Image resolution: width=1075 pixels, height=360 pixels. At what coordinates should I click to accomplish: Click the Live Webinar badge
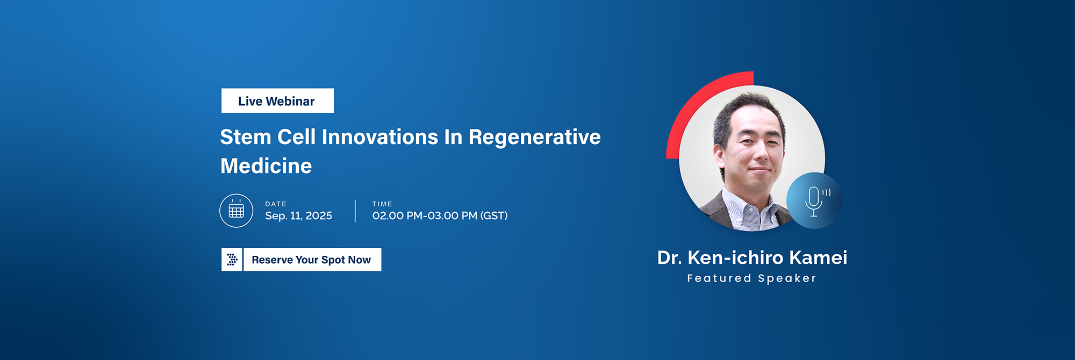coord(277,100)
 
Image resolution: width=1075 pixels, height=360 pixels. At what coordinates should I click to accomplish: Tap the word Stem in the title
coord(246,137)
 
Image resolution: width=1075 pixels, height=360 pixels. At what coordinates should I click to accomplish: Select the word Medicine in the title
coord(266,166)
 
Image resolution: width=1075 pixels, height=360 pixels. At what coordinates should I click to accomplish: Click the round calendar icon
coord(236,211)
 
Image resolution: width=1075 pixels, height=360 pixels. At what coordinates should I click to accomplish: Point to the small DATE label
coord(276,204)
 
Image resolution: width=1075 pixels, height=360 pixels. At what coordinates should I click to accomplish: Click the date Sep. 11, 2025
coord(298,216)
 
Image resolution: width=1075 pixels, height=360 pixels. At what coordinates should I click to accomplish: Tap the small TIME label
coord(382,204)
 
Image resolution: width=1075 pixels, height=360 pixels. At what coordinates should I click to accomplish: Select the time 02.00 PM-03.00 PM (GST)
coord(440,216)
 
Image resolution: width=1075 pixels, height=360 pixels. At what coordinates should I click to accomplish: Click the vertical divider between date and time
coord(355,211)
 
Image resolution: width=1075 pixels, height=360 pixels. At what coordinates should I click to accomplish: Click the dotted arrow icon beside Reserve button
coord(232,260)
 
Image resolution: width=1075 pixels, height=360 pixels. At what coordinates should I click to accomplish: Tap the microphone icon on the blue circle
coord(815,201)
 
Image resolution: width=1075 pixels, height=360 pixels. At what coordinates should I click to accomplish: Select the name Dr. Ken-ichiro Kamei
coord(752,258)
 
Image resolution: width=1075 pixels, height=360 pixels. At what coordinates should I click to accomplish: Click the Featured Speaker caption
coord(752,278)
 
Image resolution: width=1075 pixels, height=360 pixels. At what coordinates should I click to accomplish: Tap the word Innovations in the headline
coord(380,137)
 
